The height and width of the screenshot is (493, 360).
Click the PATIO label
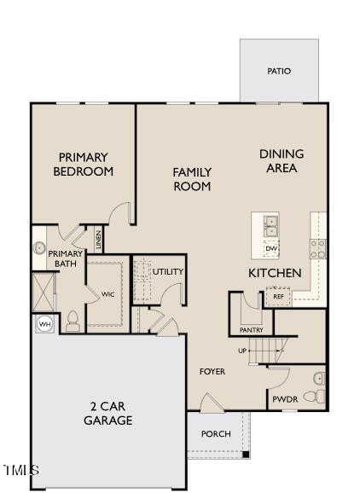(279, 71)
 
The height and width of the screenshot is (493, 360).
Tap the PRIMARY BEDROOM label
(83, 164)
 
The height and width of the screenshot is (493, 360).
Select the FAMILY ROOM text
(192, 179)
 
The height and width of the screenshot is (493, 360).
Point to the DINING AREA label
(282, 161)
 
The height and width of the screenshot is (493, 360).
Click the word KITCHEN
(275, 273)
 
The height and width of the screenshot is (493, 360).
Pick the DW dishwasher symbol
(271, 248)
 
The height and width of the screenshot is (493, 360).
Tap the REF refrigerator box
(278, 297)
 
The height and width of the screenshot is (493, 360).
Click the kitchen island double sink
(271, 227)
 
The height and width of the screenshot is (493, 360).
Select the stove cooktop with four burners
(317, 248)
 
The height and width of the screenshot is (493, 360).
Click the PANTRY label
(252, 329)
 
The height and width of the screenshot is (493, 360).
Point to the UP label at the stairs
(242, 351)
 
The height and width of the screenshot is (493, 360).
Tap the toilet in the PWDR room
(312, 397)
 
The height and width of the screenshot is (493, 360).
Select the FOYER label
(212, 372)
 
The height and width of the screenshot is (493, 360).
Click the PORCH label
(216, 434)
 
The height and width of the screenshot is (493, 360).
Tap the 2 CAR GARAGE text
(107, 413)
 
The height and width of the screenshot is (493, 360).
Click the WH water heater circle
(44, 324)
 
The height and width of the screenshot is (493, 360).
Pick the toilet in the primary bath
(73, 321)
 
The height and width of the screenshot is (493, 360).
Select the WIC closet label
(107, 294)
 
